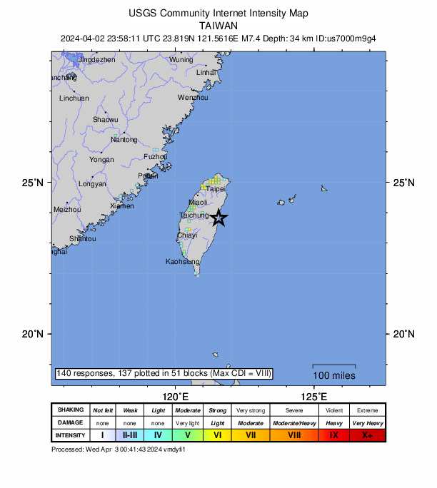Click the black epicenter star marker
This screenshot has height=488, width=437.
pyautogui.click(x=219, y=218)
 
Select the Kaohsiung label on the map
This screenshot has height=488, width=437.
pyautogui.click(x=182, y=262)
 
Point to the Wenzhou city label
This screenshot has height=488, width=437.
pyautogui.click(x=193, y=97)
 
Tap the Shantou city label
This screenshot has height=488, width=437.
pyautogui.click(x=83, y=238)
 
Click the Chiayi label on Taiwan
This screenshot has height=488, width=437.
pyautogui.click(x=186, y=235)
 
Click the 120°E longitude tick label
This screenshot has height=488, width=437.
pyautogui.click(x=176, y=396)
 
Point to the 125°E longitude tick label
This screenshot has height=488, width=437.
pyautogui.click(x=314, y=396)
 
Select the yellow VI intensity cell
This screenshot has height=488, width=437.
pyautogui.click(x=218, y=434)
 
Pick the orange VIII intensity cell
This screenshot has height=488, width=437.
pyautogui.click(x=294, y=434)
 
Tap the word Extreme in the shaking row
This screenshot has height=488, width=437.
pyautogui.click(x=367, y=410)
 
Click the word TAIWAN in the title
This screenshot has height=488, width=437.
pyautogui.click(x=218, y=24)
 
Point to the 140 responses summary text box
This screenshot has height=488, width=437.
pyautogui.click(x=164, y=373)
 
